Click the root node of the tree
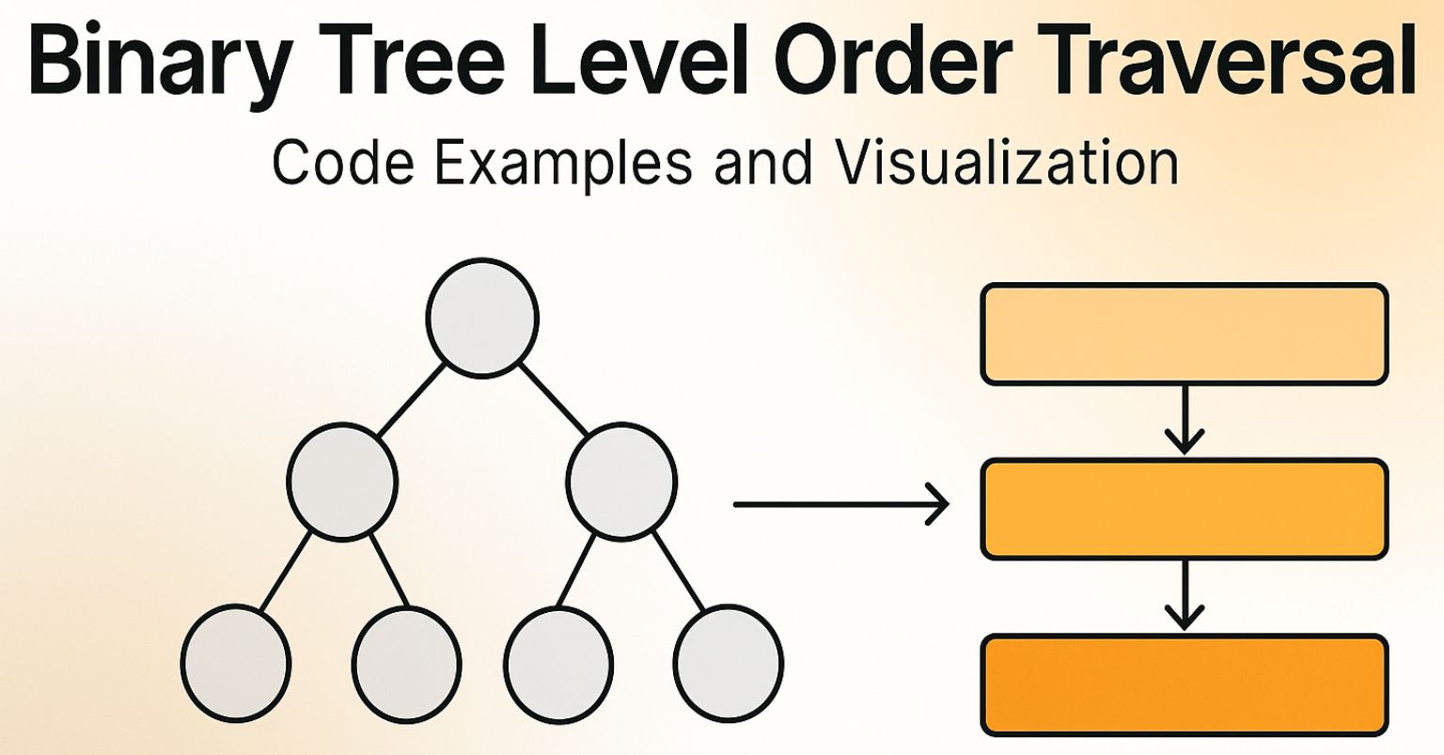[x=482, y=317]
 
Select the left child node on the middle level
[x=342, y=480]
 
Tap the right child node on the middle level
[x=621, y=480]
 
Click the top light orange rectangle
[x=1185, y=334]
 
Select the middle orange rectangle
[x=1185, y=509]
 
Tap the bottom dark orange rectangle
[x=1185, y=684]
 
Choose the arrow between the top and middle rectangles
[x=1185, y=419]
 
